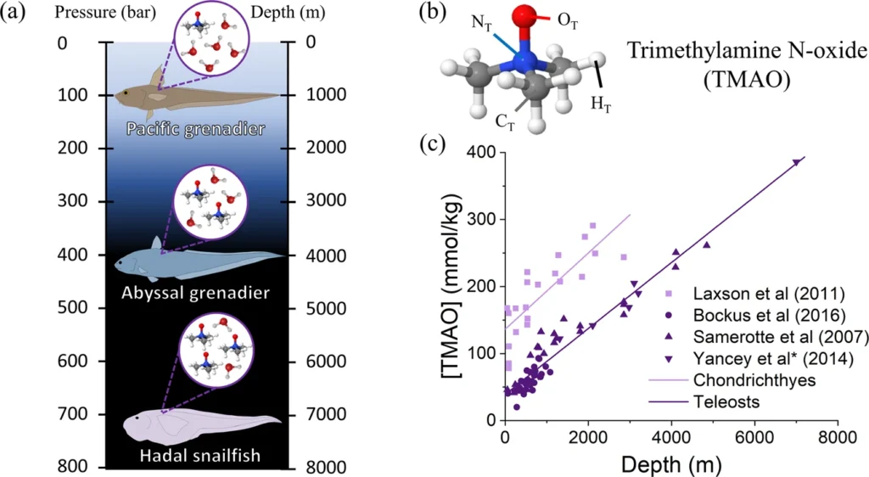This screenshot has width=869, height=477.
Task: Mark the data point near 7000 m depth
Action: tap(796, 161)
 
